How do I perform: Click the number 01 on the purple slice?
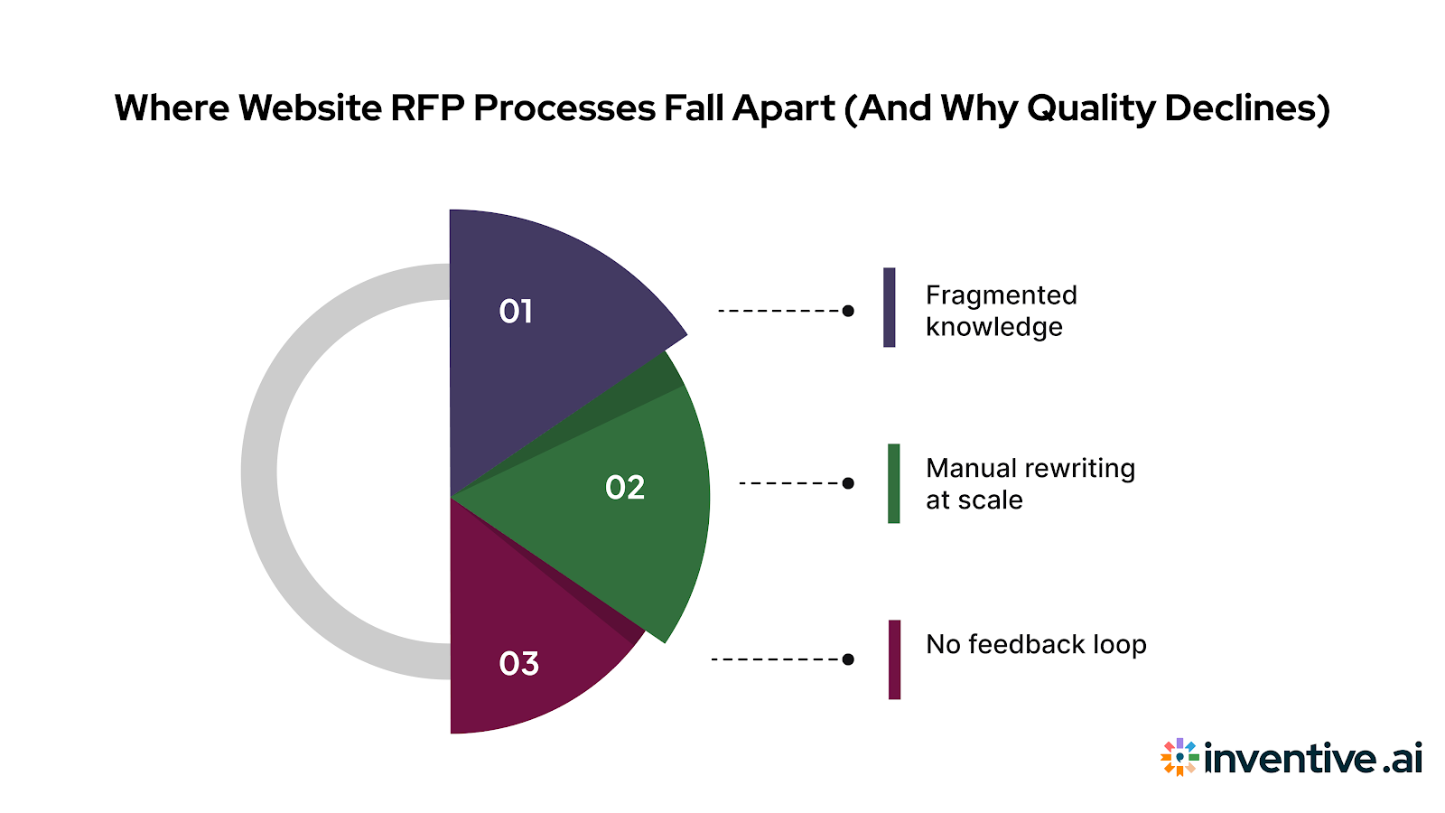(x=516, y=312)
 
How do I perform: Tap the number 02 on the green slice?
(x=625, y=488)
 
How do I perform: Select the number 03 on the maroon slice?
(x=518, y=664)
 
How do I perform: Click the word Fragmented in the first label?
(x=1001, y=295)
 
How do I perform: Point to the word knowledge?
(x=993, y=327)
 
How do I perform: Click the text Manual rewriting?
(x=1030, y=469)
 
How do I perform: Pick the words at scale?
(x=974, y=500)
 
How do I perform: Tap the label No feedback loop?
(x=1036, y=645)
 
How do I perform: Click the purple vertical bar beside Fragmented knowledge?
(x=890, y=307)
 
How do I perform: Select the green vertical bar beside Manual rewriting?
(x=894, y=483)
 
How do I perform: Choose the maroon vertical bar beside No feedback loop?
(x=894, y=659)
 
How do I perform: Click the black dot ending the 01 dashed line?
(x=848, y=311)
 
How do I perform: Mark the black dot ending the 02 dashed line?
(x=848, y=483)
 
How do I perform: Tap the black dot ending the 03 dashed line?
(x=848, y=659)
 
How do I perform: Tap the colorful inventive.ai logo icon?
(x=1179, y=758)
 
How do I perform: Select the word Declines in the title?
(x=1246, y=108)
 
